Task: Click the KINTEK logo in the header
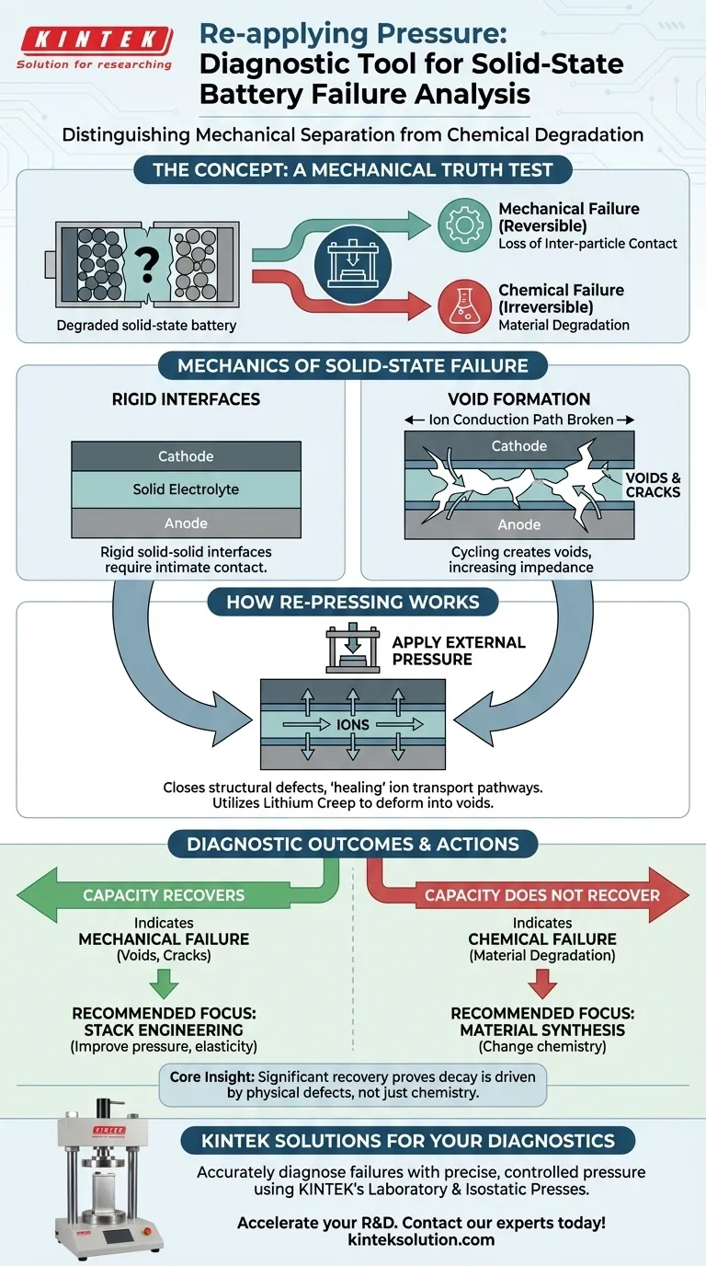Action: coord(94,40)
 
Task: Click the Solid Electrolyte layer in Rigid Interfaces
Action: coord(186,489)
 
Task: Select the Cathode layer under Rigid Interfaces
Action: coord(186,456)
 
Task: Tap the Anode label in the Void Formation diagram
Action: coord(519,524)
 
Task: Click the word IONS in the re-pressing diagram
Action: coord(353,724)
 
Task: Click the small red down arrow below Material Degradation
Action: coord(542,984)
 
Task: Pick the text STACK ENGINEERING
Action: coord(164,1030)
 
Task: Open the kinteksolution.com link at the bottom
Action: coord(421,1239)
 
